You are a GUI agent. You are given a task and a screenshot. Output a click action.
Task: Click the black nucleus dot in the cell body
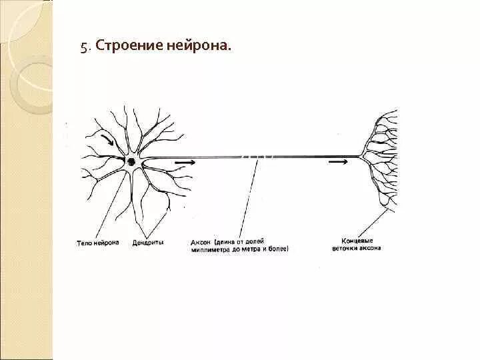point(132,161)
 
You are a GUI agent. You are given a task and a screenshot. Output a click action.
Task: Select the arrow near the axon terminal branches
point(337,161)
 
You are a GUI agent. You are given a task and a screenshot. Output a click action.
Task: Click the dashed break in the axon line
point(257,157)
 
